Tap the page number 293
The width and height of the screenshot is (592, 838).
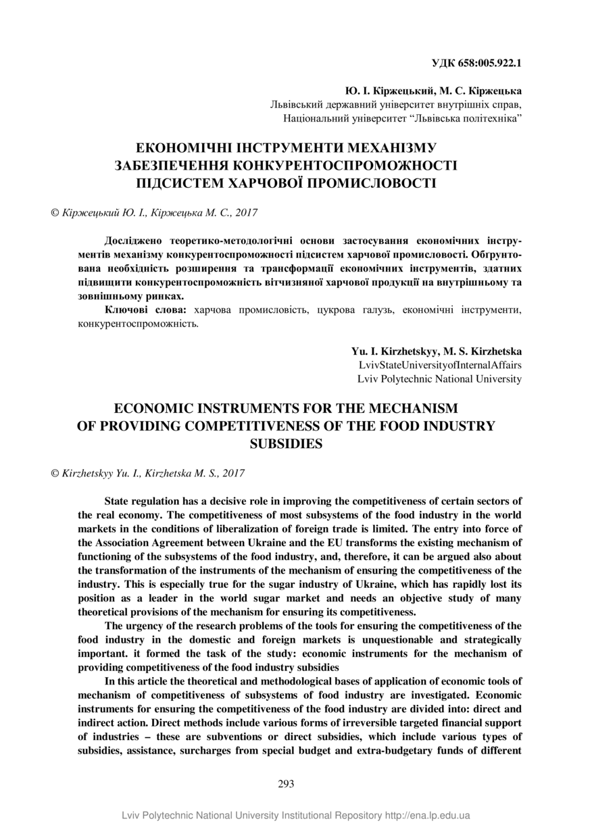click(286, 784)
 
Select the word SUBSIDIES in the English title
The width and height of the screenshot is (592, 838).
click(287, 444)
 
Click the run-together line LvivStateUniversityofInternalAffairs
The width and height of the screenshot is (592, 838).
click(441, 365)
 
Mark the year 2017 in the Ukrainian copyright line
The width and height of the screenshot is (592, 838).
click(245, 212)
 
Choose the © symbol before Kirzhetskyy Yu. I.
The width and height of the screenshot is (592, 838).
click(55, 474)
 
